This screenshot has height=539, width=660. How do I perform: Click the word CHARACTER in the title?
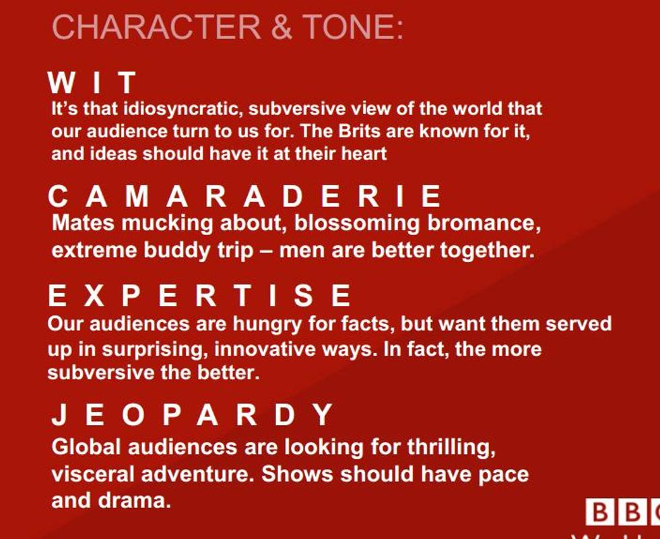[156, 27]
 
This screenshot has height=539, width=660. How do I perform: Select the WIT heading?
[92, 82]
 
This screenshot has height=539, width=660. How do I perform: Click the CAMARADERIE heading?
[244, 196]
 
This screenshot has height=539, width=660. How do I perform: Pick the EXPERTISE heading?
[199, 295]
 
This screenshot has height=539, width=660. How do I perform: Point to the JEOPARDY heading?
[192, 414]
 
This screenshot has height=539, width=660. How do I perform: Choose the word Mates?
[82, 223]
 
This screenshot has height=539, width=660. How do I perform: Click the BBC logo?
[622, 512]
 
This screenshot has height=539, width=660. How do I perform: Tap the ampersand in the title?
[282, 28]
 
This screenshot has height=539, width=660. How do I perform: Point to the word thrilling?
[451, 447]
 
